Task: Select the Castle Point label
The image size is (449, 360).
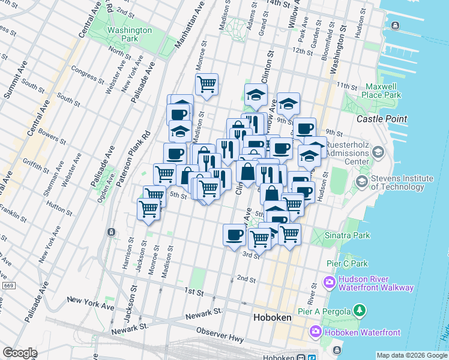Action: click(382, 119)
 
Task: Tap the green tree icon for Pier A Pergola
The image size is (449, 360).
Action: click(360, 310)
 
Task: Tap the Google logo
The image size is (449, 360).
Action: click(20, 353)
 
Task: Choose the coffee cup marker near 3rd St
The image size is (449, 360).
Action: click(234, 234)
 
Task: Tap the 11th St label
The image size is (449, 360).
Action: click(346, 86)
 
